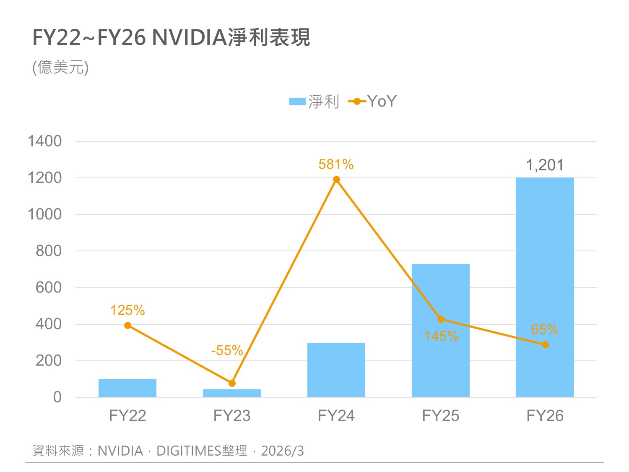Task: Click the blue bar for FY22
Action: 127,388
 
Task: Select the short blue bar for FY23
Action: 232,393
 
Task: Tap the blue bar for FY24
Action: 336,370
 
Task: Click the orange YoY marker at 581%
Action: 336,180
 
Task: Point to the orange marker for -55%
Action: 232,383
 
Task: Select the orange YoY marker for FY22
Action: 128,326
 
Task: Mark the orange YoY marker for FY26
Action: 545,345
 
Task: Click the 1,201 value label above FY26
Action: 545,165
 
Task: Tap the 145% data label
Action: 441,336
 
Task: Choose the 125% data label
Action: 127,310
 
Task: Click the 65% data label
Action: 544,329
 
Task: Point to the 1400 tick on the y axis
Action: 44,141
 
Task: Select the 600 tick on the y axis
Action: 49,287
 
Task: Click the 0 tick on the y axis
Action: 57,397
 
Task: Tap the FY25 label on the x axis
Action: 440,416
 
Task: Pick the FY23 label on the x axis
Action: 232,416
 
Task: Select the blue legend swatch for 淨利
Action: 298,102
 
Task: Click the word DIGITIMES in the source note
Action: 189,451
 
